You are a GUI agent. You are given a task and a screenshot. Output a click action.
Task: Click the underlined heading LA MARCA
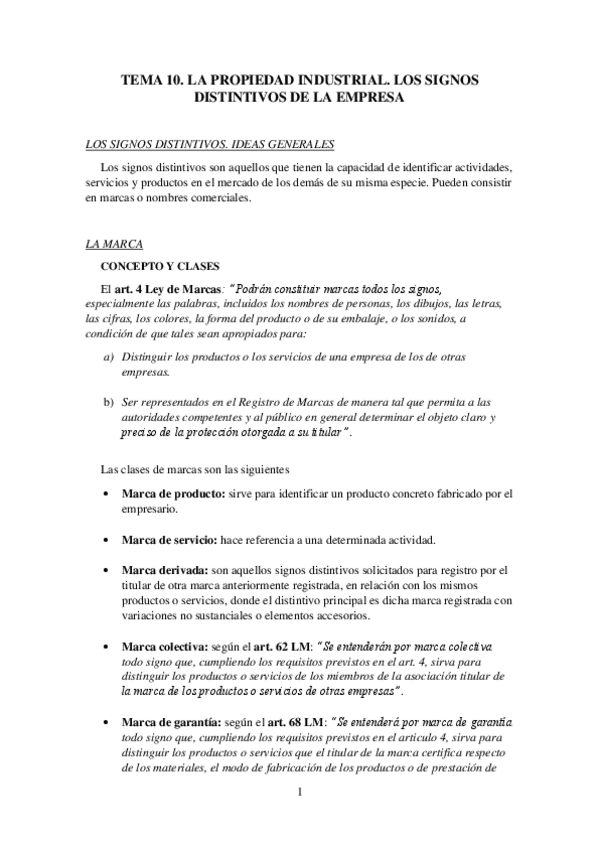coord(115,243)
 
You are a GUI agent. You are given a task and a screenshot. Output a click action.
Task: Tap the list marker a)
coord(109,357)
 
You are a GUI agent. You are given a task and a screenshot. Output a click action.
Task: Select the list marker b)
coord(109,402)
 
